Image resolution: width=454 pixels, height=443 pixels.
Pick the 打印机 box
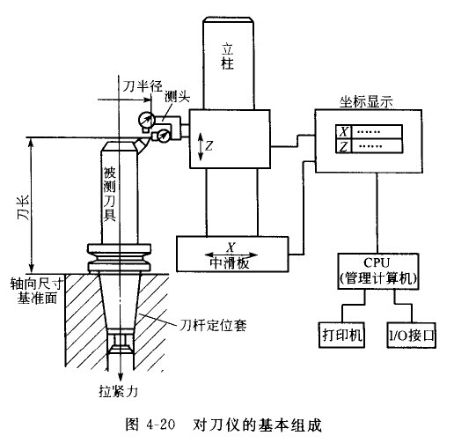(x=340, y=336)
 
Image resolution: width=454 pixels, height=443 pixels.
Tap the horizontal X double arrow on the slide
(x=232, y=248)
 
